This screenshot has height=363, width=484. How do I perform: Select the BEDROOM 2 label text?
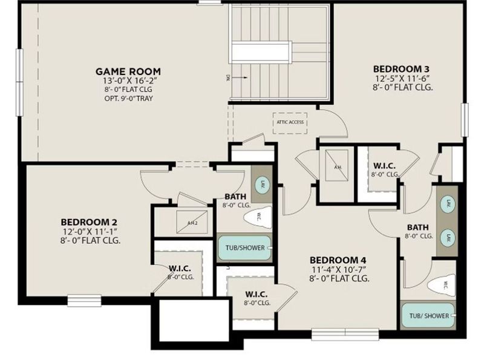pos(88,221)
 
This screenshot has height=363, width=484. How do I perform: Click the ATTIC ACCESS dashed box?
pos(290,122)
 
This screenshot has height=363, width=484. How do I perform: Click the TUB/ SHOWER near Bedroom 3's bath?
pos(428,316)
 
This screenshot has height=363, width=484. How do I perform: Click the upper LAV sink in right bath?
pos(447,203)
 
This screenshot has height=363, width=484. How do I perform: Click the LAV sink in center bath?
pos(263,185)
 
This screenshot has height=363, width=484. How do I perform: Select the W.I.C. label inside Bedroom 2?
pos(180,268)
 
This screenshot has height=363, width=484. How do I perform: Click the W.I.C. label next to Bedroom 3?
pos(385,165)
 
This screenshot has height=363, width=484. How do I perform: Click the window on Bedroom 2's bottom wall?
pos(84,300)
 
